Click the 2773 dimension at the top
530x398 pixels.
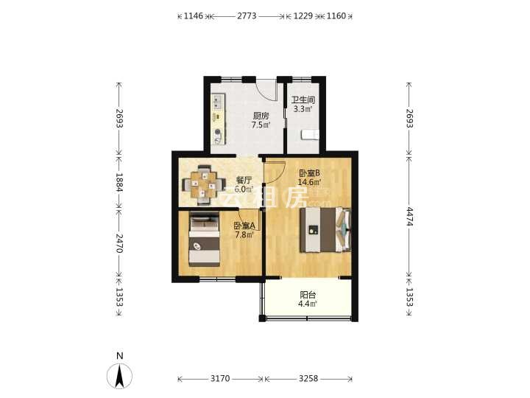coord(247,16)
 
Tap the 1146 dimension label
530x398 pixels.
coord(193,16)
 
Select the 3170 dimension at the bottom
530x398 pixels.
coord(220,378)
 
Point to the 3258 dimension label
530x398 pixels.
coord(308,378)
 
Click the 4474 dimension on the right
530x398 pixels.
coord(410,217)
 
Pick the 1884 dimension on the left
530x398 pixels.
coord(119,182)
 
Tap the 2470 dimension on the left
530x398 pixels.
coord(119,243)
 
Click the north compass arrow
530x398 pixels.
coord(119,376)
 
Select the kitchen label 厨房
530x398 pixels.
coord(261,116)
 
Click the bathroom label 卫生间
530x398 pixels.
coord(303,100)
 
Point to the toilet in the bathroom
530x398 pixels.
coord(310,134)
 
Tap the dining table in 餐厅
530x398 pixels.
coord(203,185)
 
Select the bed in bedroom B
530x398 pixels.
coord(325,230)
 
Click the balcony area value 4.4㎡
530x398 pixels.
coord(307,304)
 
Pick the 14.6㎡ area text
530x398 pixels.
coord(309,182)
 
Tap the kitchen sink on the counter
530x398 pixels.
coord(218,102)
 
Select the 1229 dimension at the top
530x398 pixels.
coord(303,16)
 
